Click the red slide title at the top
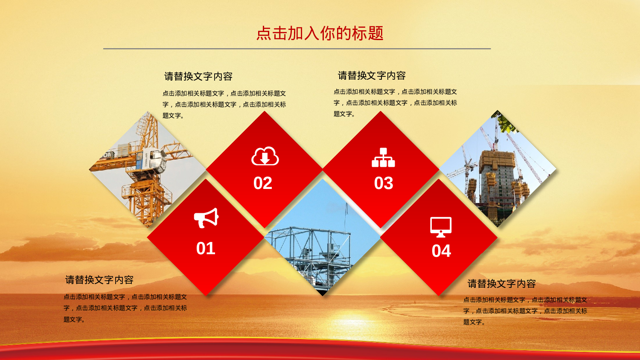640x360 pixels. click(320, 33)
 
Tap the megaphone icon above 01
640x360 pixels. click(206, 218)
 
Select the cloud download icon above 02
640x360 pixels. click(265, 156)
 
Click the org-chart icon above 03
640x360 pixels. click(383, 157)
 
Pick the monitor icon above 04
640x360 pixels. click(441, 227)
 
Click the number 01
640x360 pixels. click(206, 248)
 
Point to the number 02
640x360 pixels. click(263, 183)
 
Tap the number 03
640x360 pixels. click(384, 183)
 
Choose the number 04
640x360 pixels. click(441, 251)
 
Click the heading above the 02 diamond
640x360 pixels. click(198, 76)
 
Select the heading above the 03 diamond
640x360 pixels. click(372, 75)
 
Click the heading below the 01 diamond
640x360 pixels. click(99, 280)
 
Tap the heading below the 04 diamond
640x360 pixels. click(502, 284)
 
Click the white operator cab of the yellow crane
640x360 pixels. click(156, 160)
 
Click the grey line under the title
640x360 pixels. click(297, 49)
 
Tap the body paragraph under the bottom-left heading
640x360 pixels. click(125, 308)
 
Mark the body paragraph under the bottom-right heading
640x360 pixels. click(525, 311)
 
